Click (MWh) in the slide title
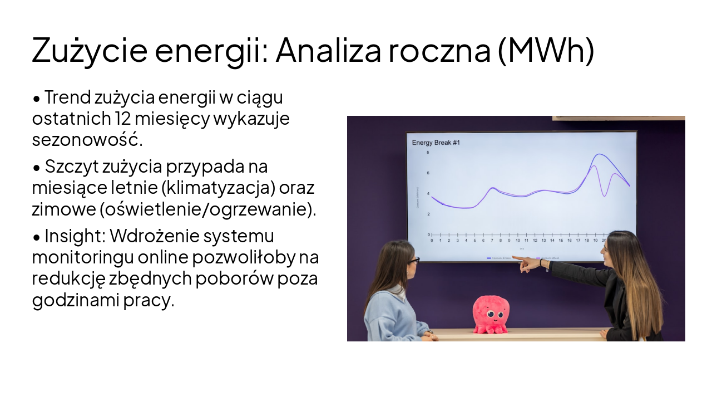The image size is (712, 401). click(x=545, y=50)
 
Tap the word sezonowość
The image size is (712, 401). click(x=87, y=139)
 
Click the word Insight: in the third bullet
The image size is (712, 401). click(x=75, y=236)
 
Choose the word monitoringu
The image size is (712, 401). click(x=85, y=257)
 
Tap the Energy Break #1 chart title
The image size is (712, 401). click(x=436, y=143)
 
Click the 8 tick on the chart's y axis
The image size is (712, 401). click(x=428, y=152)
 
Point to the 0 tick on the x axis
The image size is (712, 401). click(x=432, y=241)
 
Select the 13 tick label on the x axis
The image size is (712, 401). click(x=543, y=241)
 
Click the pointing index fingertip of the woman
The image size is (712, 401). click(x=513, y=257)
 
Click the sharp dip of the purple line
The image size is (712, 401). click(x=605, y=195)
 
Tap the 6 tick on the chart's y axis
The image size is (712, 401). click(x=428, y=173)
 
